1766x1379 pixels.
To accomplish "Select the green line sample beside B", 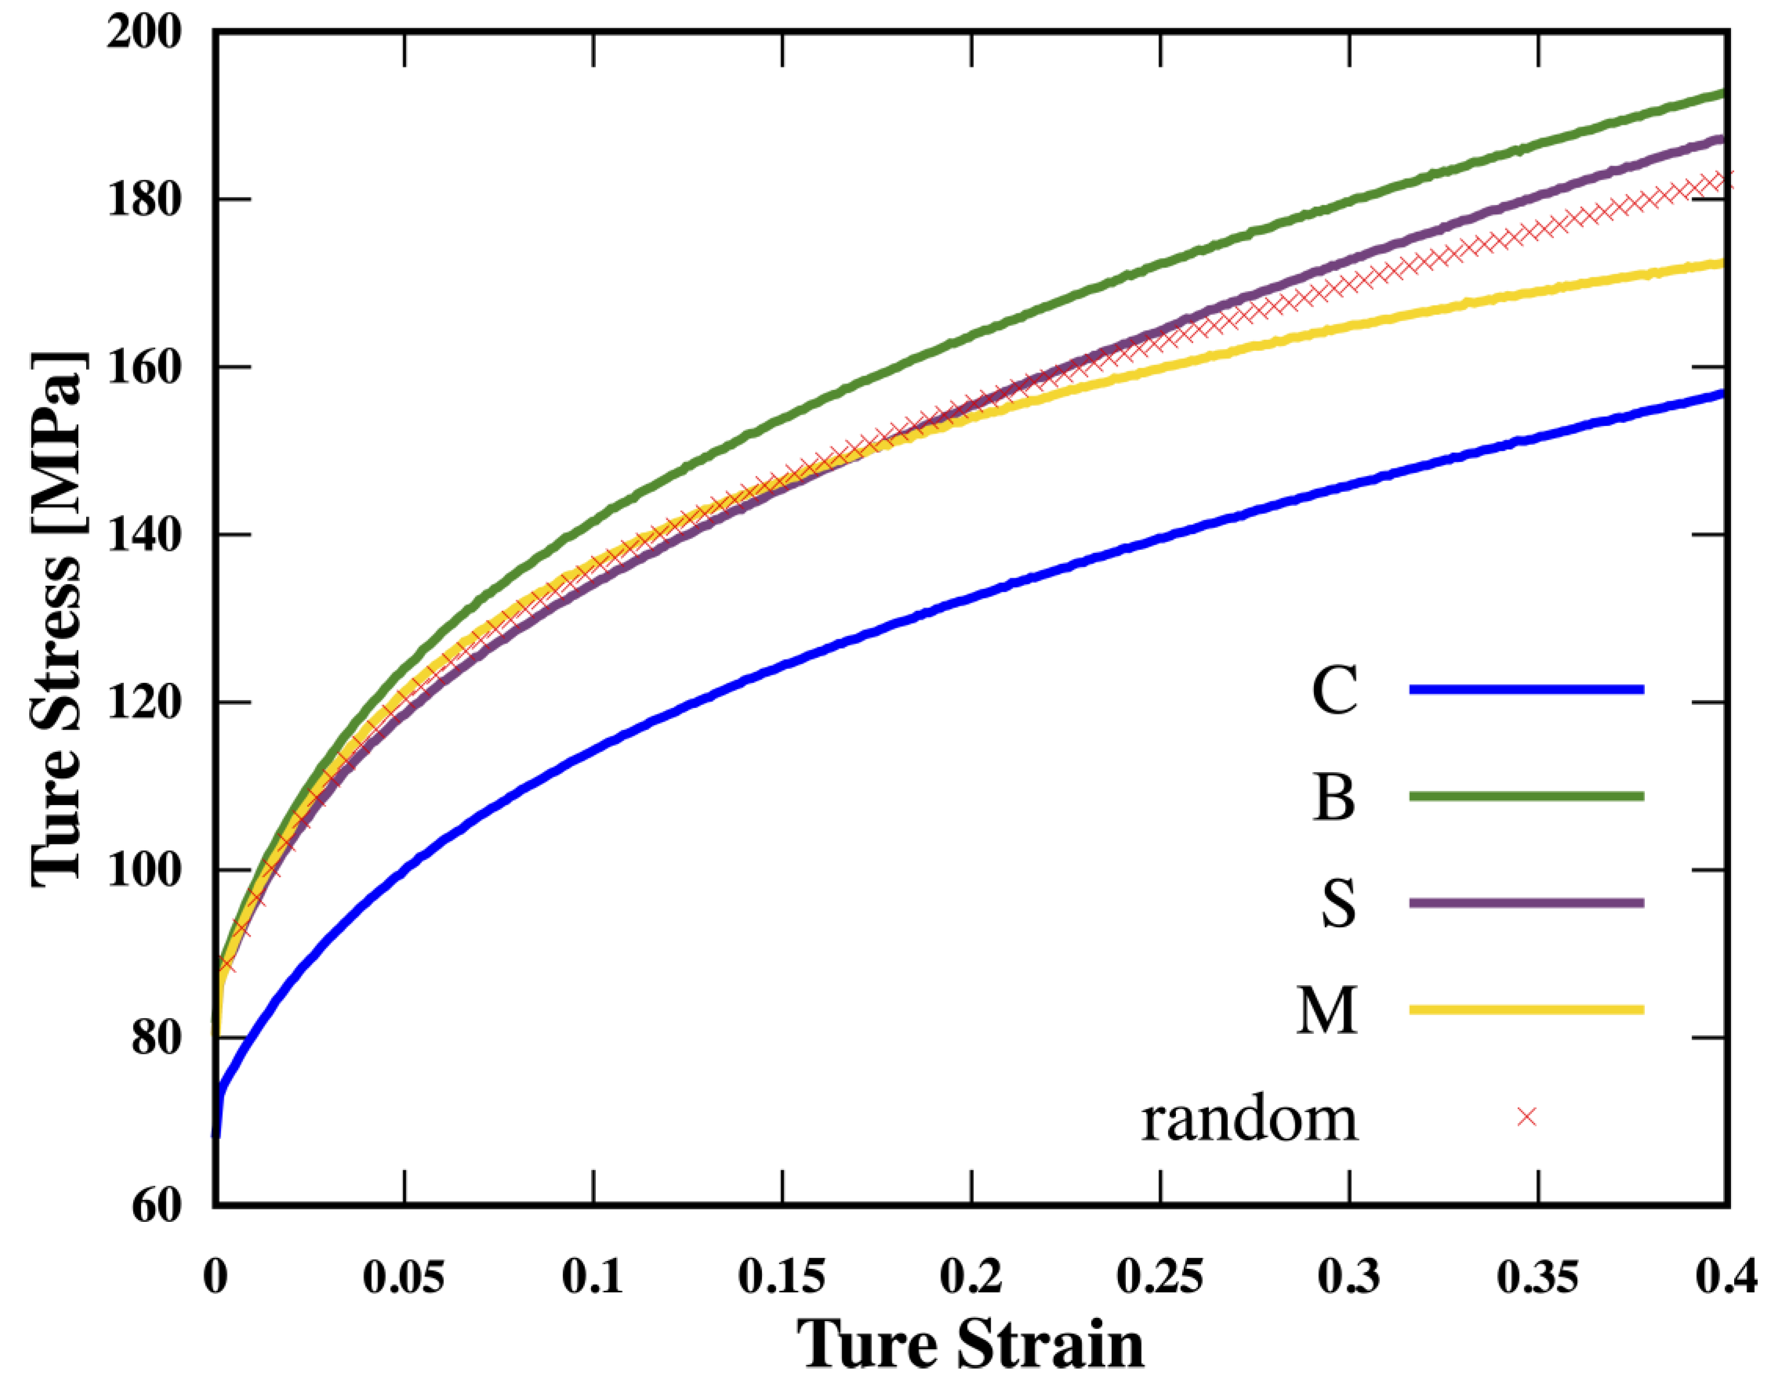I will [1527, 797].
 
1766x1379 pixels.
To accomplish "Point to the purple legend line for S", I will [1527, 903].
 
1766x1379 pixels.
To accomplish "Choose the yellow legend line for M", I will [1527, 1009].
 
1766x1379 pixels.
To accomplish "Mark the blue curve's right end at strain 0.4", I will [1726, 394].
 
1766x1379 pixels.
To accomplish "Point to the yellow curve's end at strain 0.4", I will [1726, 263].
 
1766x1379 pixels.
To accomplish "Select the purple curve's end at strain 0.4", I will [1726, 140].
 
